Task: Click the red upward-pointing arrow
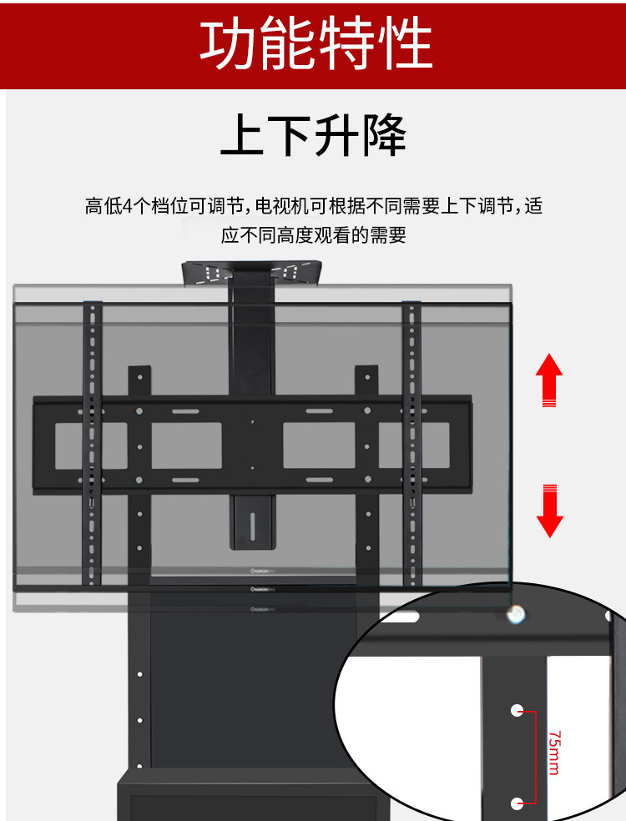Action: [x=548, y=380]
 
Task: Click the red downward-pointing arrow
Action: [x=548, y=510]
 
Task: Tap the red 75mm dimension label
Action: [x=555, y=753]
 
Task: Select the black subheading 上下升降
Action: [x=313, y=137]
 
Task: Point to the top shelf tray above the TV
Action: [x=252, y=274]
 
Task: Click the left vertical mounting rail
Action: [x=92, y=442]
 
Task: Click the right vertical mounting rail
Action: [x=411, y=442]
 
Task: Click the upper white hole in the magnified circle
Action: [x=517, y=711]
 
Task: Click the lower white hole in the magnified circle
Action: [x=517, y=803]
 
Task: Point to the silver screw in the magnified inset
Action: [x=517, y=615]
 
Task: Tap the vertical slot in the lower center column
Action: [x=252, y=525]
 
